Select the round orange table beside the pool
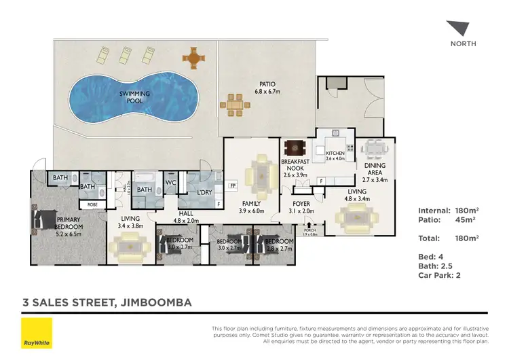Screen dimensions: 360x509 193,58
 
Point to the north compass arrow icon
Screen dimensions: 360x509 457,29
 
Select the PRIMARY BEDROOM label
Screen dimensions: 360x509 69,223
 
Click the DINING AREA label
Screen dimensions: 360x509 375,169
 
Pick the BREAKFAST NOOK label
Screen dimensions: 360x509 295,165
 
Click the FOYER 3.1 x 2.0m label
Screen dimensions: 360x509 301,206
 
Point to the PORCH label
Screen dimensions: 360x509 309,229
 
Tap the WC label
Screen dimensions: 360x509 171,182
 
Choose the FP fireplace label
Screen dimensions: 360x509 232,185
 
